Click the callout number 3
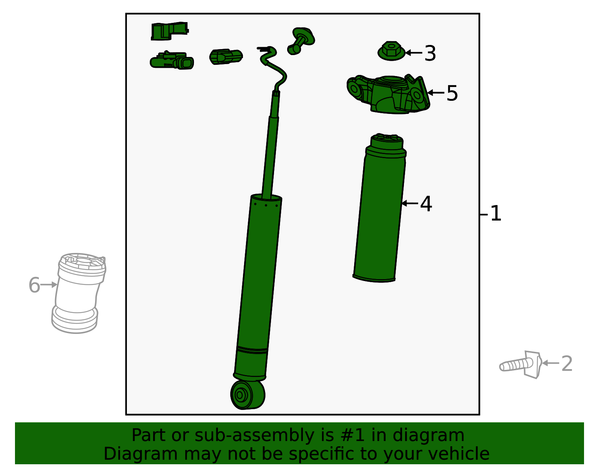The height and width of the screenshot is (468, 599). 430,53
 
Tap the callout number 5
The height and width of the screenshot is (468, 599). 452,93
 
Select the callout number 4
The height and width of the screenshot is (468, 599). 426,204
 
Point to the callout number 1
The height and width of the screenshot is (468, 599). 496,213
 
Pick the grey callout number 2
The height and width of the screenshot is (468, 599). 567,363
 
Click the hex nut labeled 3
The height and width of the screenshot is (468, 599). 392,51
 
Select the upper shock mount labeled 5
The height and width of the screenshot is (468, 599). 388,94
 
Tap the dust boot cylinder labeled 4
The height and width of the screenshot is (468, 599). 380,208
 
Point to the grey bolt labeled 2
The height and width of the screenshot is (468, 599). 520,365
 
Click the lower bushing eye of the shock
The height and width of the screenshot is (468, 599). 247,395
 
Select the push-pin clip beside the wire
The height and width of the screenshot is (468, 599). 301,41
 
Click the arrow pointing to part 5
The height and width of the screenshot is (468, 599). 435,93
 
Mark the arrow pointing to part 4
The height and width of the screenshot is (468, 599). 410,203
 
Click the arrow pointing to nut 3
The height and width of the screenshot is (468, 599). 414,52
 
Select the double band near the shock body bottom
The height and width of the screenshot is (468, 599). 252,350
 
